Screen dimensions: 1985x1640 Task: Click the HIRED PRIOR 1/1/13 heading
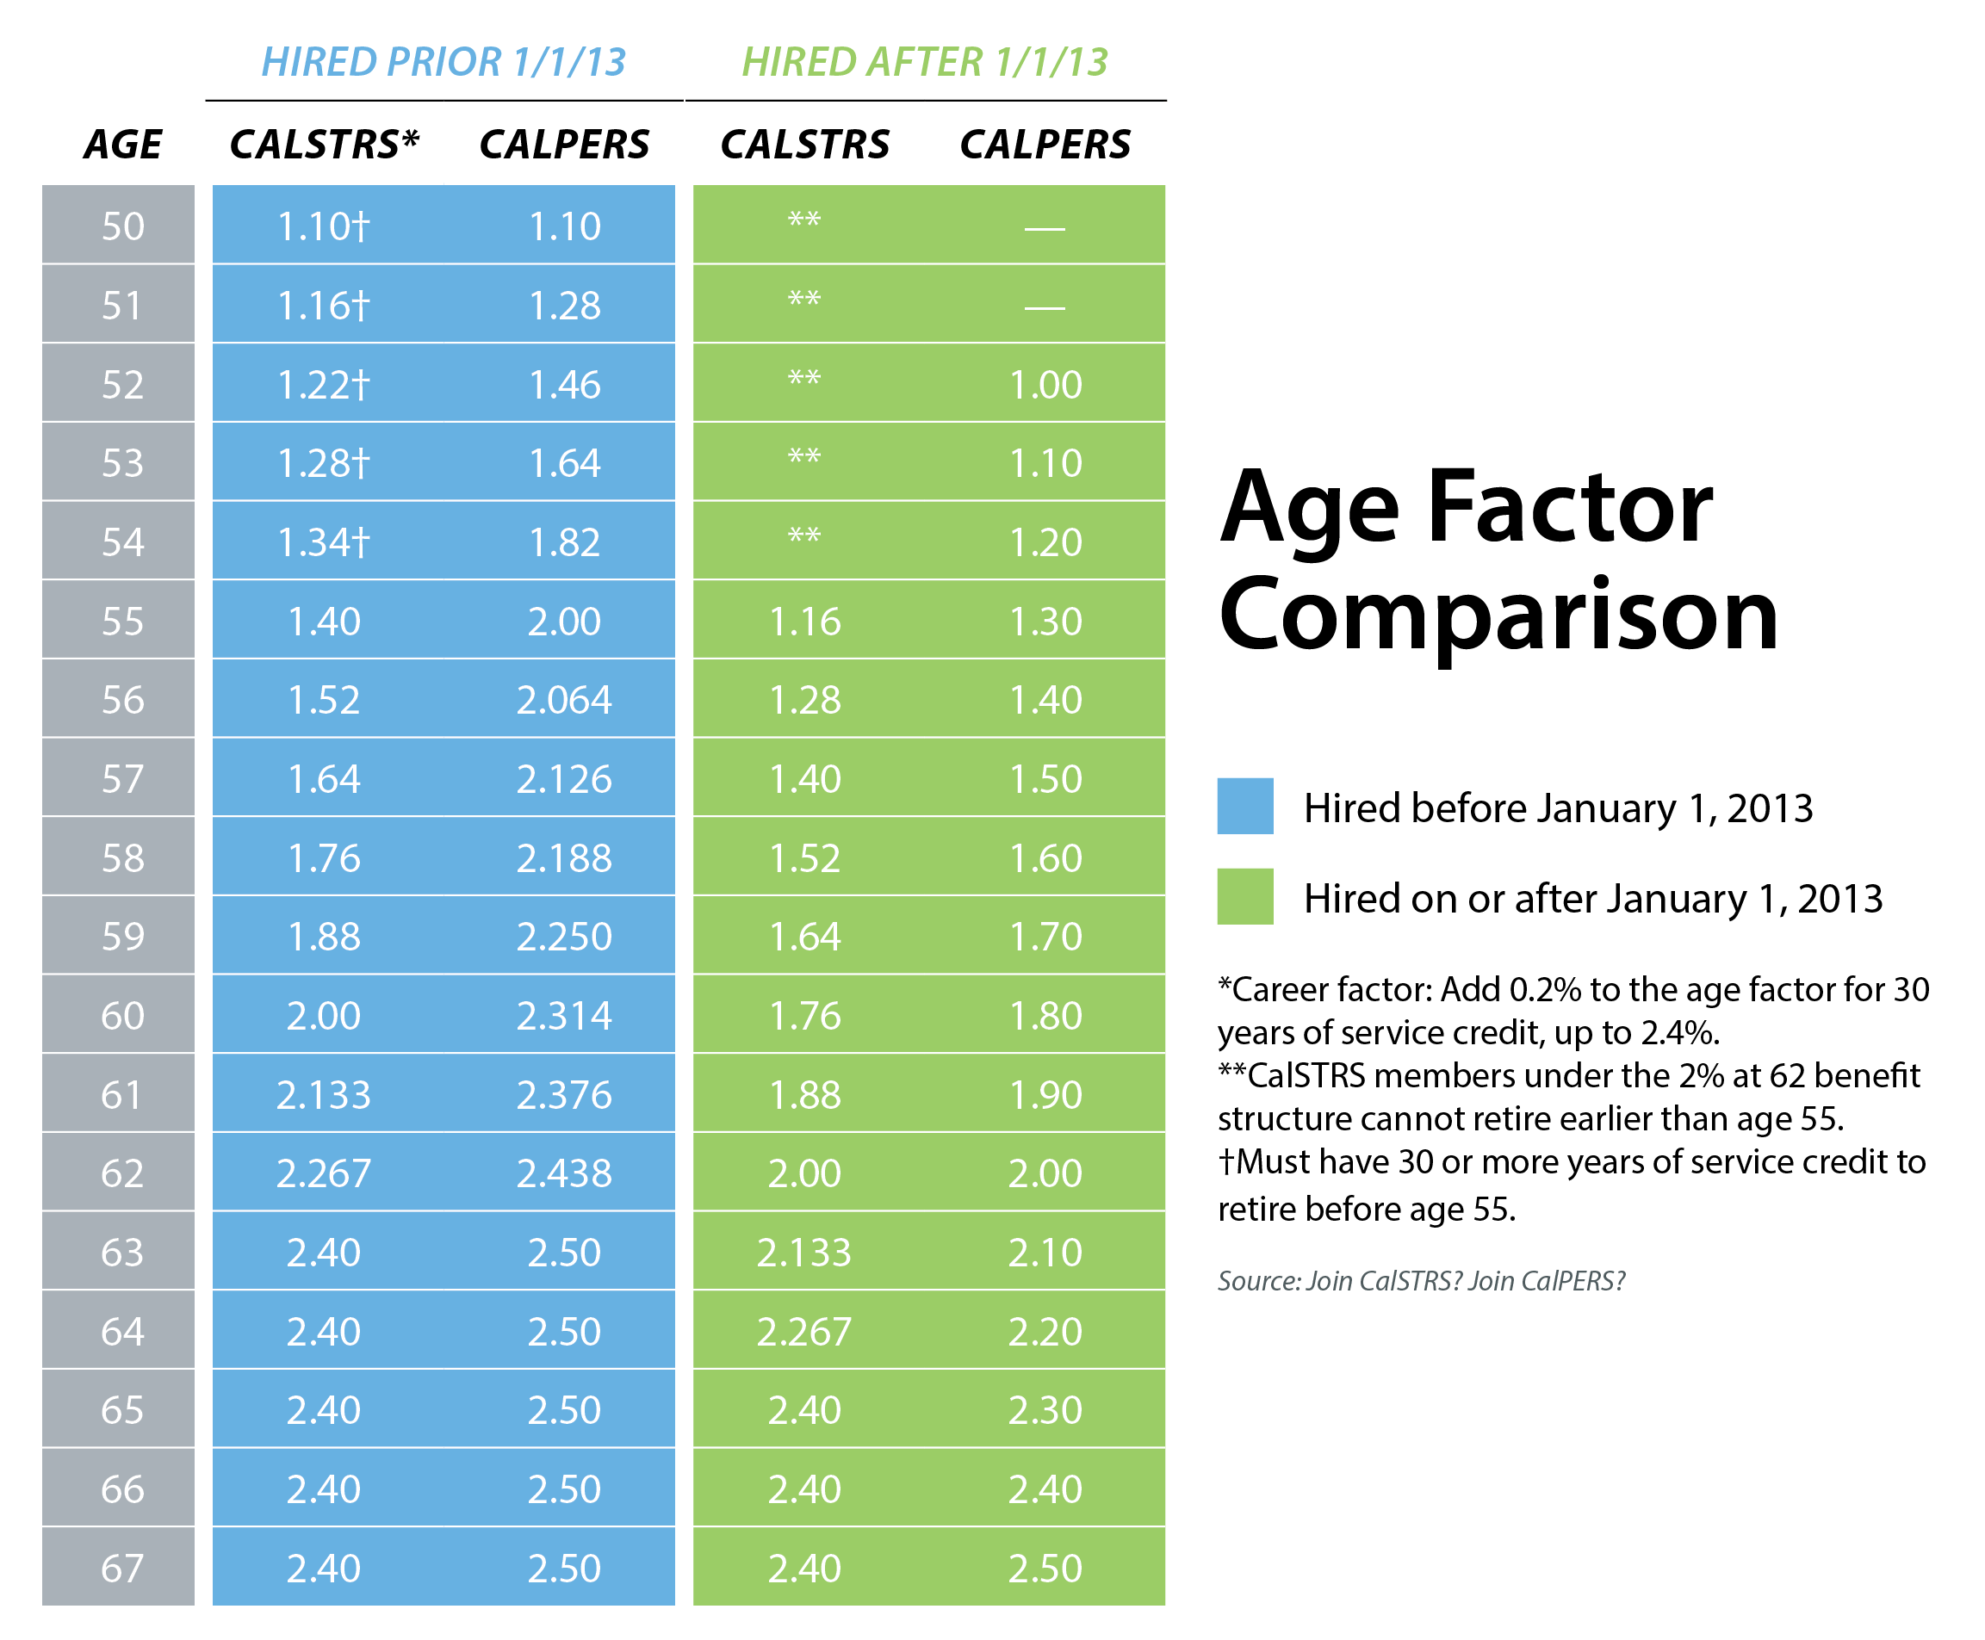(x=444, y=62)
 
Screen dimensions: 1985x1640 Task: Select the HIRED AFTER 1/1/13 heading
(x=924, y=62)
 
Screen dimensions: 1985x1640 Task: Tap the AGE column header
(x=123, y=145)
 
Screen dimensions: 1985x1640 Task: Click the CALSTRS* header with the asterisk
(x=324, y=145)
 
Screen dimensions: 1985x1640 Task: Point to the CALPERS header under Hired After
(x=1045, y=145)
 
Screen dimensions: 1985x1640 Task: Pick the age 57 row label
(x=123, y=779)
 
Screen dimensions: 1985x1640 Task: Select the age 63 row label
(x=123, y=1253)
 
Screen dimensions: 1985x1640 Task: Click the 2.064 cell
(x=564, y=700)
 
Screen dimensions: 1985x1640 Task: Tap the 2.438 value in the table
(x=564, y=1173)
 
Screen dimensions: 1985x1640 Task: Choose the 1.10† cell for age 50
(x=324, y=226)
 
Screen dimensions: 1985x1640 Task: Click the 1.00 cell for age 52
(x=1045, y=385)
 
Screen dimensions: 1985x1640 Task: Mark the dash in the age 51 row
(x=1045, y=307)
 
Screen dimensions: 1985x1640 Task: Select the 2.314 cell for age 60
(x=564, y=1016)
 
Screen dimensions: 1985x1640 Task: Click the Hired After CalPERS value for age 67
(x=1045, y=1569)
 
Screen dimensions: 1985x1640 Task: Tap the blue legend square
(x=1244, y=806)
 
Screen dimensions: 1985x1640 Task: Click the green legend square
(x=1244, y=895)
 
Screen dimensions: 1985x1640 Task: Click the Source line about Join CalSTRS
(x=1421, y=1281)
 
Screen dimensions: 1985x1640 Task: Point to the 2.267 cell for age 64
(x=804, y=1332)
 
